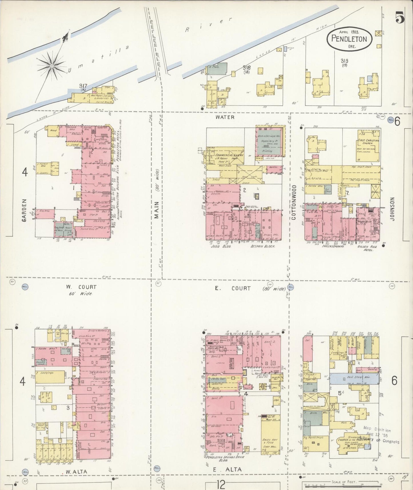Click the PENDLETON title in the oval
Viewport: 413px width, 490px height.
pyautogui.click(x=349, y=39)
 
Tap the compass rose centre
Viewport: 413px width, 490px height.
pyautogui.click(x=52, y=66)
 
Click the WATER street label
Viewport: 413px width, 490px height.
pyautogui.click(x=225, y=117)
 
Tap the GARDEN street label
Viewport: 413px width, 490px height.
pyautogui.click(x=25, y=211)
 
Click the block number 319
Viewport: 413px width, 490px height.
pyautogui.click(x=344, y=61)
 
